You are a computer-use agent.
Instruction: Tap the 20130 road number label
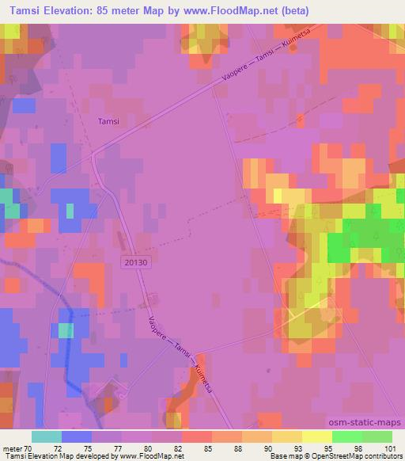point(135,261)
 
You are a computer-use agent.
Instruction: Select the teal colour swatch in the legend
point(46,436)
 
